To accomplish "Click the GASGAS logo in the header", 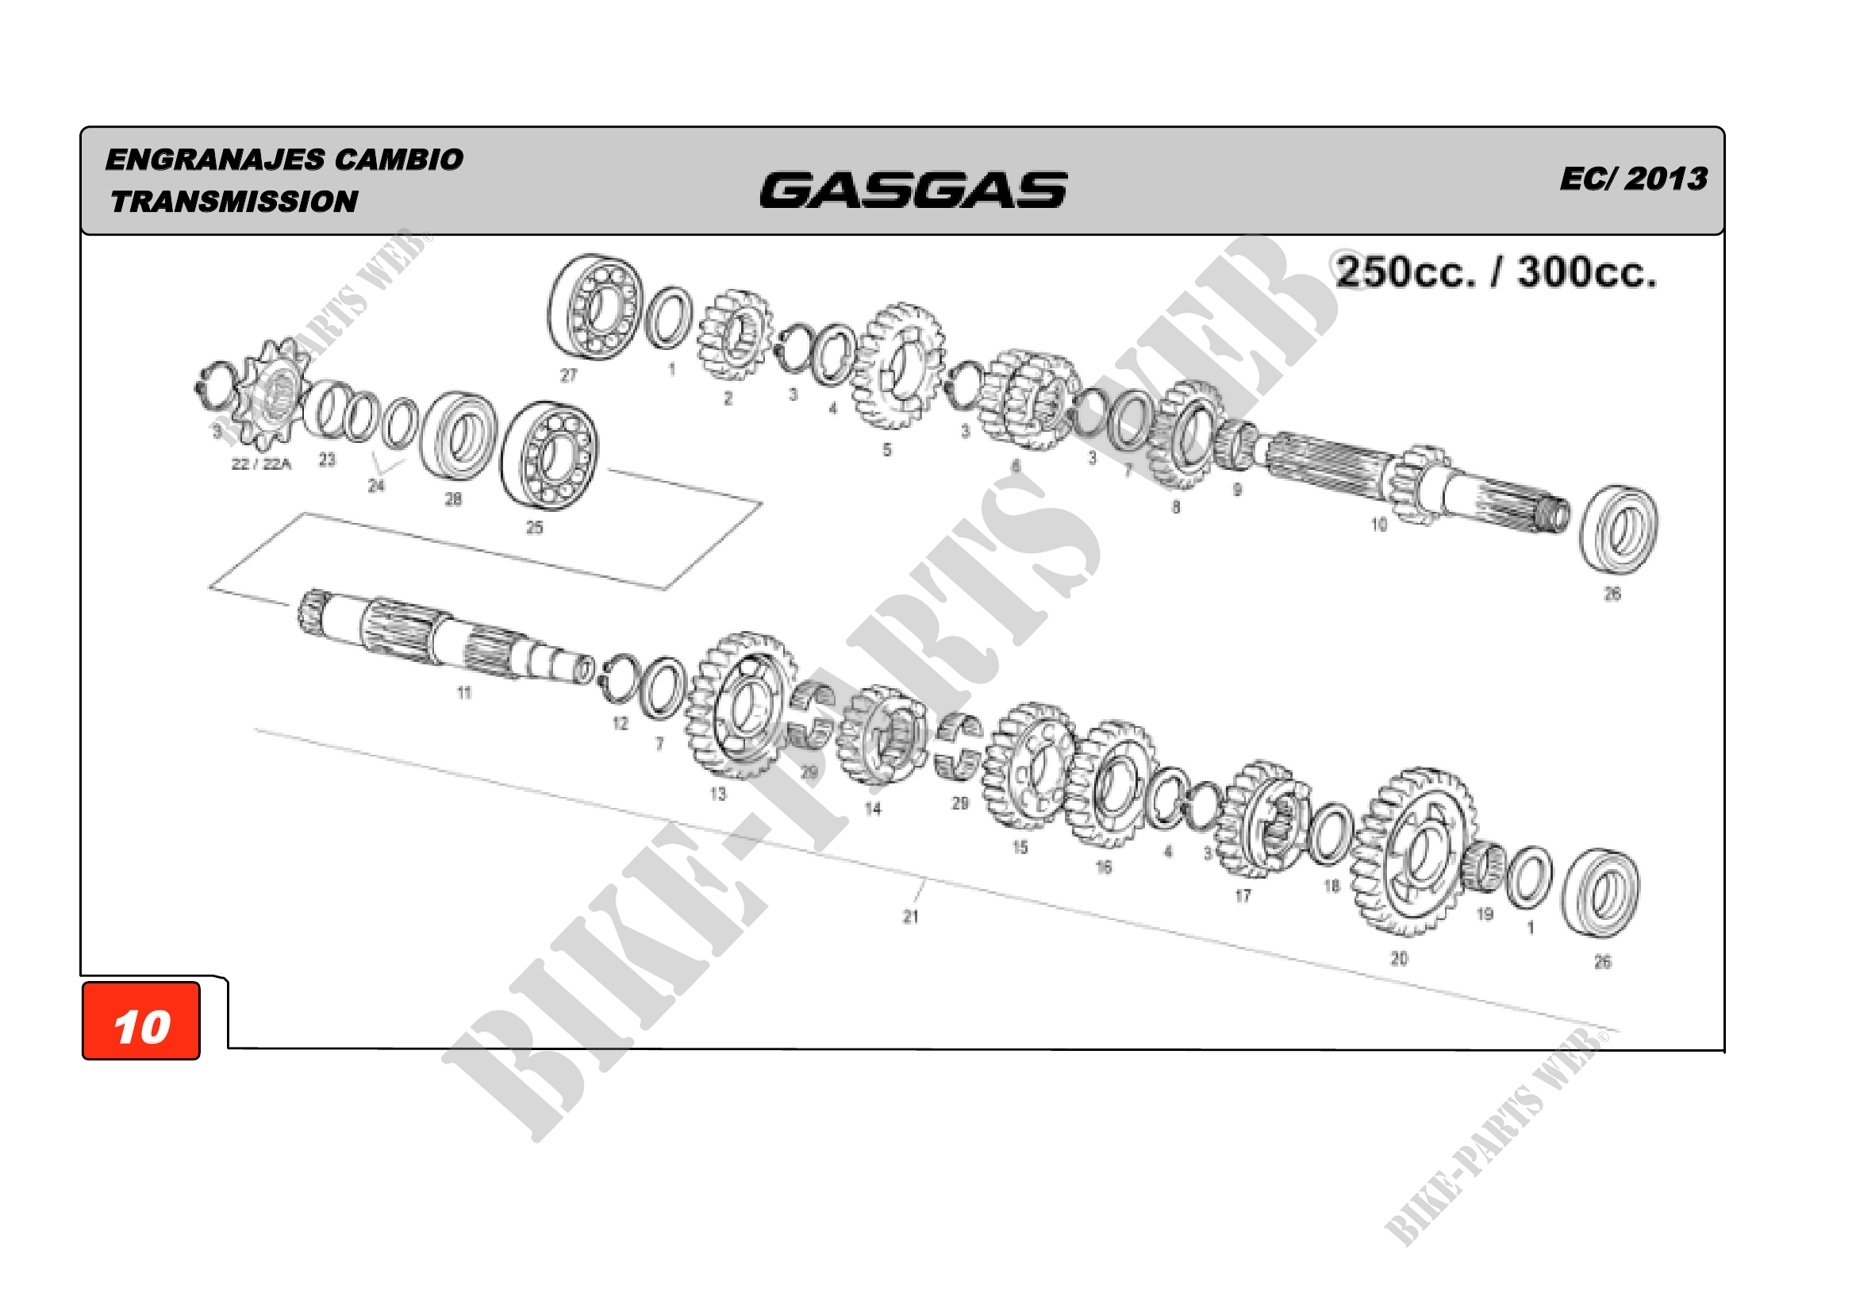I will pyautogui.click(x=913, y=190).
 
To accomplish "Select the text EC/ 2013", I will pyautogui.click(x=1633, y=179).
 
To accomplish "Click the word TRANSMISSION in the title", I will pyautogui.click(x=234, y=202).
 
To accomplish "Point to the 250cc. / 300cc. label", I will pyautogui.click(x=1496, y=272).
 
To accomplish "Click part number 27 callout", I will pyautogui.click(x=569, y=375).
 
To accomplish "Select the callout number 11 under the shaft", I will pyautogui.click(x=464, y=693).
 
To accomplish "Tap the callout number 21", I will pyautogui.click(x=911, y=917).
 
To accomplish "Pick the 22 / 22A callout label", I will pyautogui.click(x=261, y=464).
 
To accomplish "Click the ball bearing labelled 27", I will pyautogui.click(x=595, y=306).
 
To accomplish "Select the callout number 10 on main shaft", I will pyautogui.click(x=1379, y=525).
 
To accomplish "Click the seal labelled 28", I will pyautogui.click(x=459, y=437).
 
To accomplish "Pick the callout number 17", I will pyautogui.click(x=1243, y=895).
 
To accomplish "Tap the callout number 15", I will pyautogui.click(x=1020, y=847).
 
